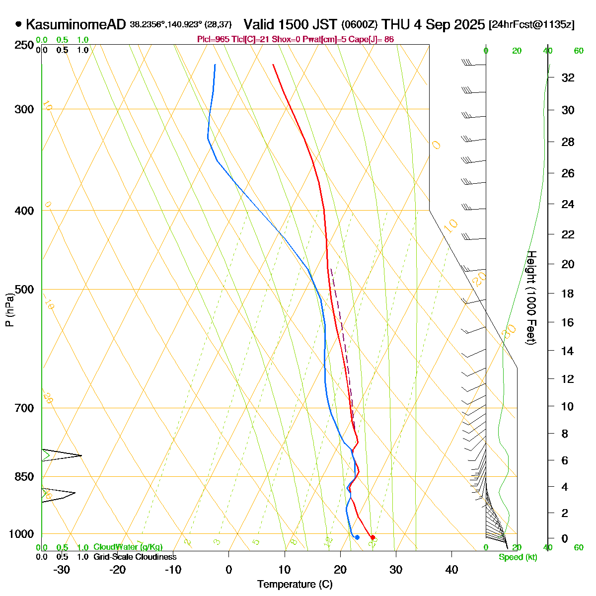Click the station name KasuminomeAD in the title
pyautogui.click(x=76, y=24)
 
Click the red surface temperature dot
pyautogui.click(x=372, y=537)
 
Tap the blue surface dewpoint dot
pyautogui.click(x=357, y=537)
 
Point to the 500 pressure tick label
pyautogui.click(x=25, y=289)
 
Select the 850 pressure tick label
pyautogui.click(x=25, y=477)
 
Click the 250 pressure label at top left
pyautogui.click(x=25, y=45)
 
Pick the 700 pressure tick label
pyautogui.click(x=25, y=408)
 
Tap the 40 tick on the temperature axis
pyautogui.click(x=451, y=570)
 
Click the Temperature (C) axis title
pyautogui.click(x=295, y=585)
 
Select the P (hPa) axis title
pyautogui.click(x=9, y=309)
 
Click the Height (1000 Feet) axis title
pyautogui.click(x=531, y=298)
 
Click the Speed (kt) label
pyautogui.click(x=518, y=557)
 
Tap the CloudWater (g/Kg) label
pyautogui.click(x=128, y=547)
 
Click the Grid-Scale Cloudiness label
pyautogui.click(x=135, y=557)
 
